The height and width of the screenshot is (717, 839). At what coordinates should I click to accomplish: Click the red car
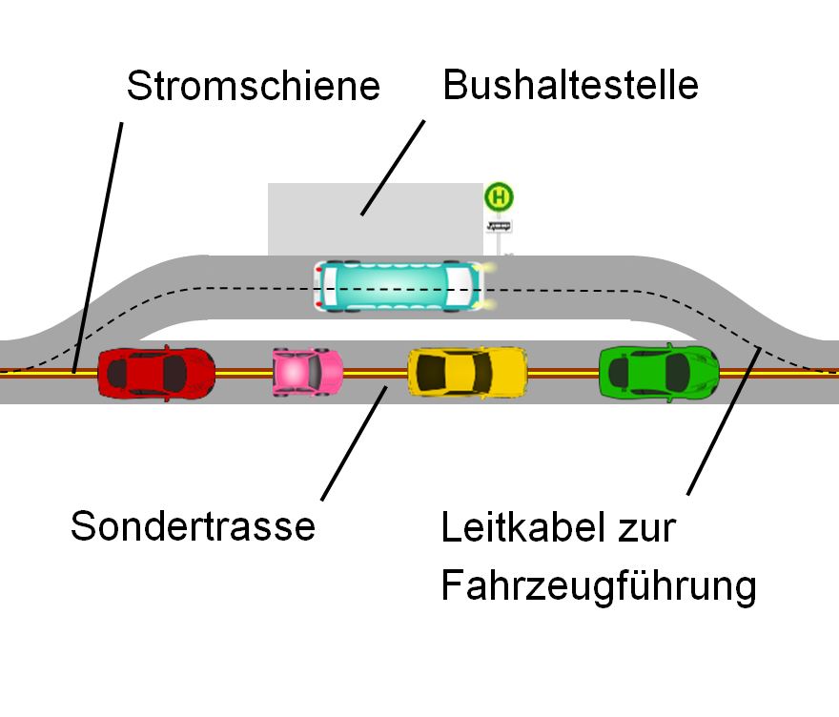[x=156, y=373]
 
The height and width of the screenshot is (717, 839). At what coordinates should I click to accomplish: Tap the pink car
[x=307, y=371]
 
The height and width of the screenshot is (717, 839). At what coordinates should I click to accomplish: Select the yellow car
[x=467, y=372]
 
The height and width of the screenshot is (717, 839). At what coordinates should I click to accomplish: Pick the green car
[x=659, y=372]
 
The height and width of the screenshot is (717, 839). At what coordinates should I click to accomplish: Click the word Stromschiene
[x=253, y=87]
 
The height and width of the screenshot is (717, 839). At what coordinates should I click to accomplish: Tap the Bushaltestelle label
[x=570, y=86]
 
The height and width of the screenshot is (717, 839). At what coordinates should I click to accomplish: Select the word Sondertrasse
[x=193, y=525]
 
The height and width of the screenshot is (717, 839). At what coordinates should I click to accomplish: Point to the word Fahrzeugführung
[x=598, y=585]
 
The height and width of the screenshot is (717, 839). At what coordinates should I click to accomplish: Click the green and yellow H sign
[x=499, y=197]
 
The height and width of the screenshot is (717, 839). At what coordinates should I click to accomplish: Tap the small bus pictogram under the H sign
[x=499, y=226]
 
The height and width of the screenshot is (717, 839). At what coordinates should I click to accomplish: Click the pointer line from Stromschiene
[x=100, y=238]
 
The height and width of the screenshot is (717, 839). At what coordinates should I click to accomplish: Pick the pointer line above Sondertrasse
[x=354, y=442]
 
